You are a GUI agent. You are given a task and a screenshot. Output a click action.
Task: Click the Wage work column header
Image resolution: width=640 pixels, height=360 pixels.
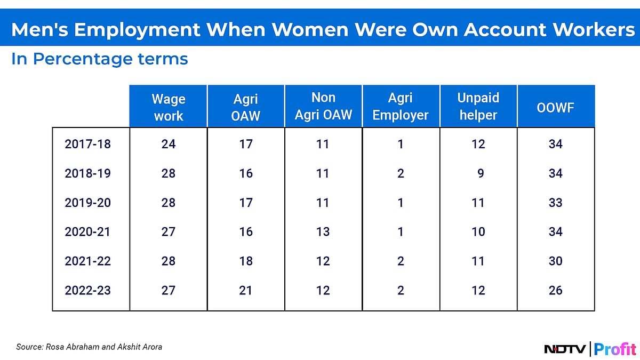168,107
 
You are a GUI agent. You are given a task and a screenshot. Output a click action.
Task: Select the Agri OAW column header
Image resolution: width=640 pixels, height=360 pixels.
246,107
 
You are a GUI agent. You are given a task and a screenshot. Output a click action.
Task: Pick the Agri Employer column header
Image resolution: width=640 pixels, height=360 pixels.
401,107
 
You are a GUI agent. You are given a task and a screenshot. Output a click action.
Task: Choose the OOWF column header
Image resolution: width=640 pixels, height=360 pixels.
555,107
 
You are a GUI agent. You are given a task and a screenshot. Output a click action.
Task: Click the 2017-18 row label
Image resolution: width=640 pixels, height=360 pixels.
88,144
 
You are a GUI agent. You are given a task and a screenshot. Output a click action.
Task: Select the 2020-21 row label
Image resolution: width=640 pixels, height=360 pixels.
88,232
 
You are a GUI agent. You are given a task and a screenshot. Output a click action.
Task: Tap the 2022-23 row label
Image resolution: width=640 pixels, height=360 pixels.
88,291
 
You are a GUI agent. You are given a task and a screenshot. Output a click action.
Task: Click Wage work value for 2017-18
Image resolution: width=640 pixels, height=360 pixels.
169,144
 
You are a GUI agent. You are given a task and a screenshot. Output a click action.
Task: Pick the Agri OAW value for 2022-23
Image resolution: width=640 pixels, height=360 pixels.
246,291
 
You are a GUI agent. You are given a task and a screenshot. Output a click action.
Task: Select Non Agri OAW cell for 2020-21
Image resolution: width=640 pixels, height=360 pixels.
323,232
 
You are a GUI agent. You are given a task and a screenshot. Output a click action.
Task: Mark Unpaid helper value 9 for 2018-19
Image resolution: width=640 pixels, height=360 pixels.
481,173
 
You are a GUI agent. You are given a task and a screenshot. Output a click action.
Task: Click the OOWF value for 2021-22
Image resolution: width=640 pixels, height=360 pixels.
555,261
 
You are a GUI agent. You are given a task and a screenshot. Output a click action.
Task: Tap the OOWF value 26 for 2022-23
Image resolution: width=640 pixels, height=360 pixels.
555,291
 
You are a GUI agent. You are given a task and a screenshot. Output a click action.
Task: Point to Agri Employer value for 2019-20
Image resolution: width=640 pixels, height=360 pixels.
401,203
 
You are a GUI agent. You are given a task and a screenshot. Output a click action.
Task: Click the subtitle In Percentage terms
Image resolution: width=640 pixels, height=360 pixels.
100,59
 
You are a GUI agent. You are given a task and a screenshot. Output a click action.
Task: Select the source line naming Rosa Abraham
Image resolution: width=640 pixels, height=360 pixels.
89,347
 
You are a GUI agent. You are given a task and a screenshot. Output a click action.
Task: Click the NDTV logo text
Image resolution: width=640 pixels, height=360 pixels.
565,349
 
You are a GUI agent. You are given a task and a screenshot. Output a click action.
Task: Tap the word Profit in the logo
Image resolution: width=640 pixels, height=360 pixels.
615,349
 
